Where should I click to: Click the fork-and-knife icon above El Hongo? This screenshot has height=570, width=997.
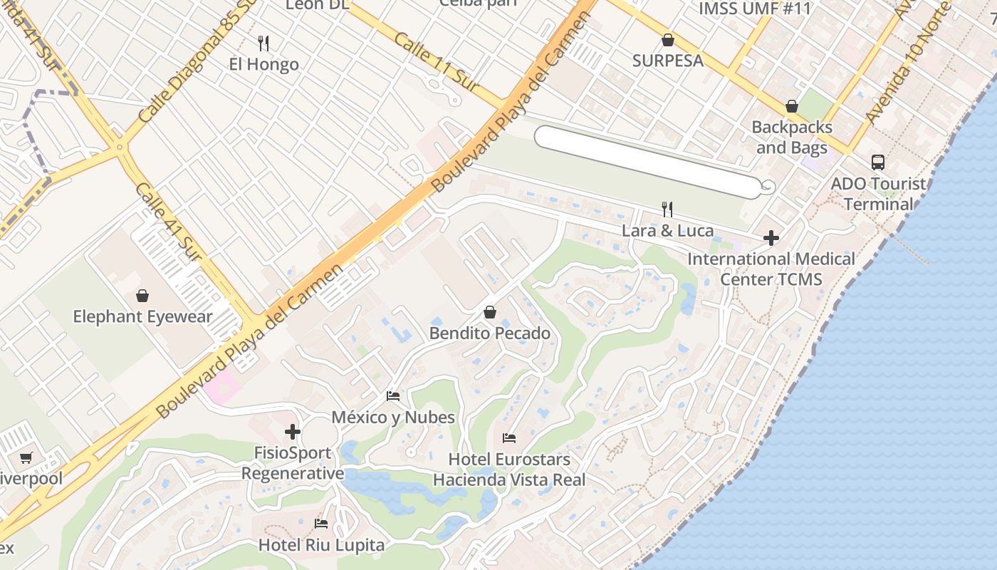point(263,43)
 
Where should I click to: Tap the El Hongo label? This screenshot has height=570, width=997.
point(263,64)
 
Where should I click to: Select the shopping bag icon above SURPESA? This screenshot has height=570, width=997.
point(668,40)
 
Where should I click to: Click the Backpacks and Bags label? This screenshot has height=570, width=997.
point(792,138)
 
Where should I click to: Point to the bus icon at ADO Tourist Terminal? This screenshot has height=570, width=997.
point(878,162)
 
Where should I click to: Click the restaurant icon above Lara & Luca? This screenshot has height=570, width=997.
point(667,209)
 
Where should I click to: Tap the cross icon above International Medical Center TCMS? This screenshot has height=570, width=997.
point(771,238)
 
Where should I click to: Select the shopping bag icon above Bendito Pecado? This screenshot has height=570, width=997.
point(490,312)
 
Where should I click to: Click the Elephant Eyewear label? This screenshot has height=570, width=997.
point(142,316)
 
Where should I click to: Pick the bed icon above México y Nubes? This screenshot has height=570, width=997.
point(392,396)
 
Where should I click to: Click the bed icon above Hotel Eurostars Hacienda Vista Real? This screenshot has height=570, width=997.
point(509,437)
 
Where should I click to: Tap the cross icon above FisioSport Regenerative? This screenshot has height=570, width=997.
point(293,432)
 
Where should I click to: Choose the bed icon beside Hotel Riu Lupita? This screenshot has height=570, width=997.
point(321,524)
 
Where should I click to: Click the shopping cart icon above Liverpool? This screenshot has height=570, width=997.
point(26,457)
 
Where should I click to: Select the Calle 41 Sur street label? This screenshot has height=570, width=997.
point(169,221)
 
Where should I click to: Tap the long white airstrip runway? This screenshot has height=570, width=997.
point(648,162)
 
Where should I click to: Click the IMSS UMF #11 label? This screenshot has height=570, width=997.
point(755,9)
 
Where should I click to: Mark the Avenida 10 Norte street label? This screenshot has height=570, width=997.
point(907,64)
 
